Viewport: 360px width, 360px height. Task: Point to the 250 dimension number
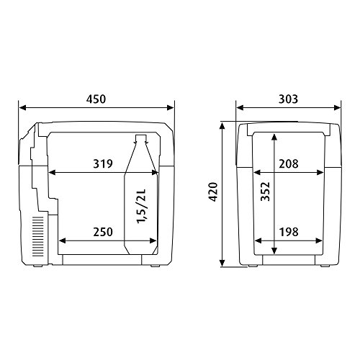[104, 232]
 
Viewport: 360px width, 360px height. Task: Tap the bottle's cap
[140, 138]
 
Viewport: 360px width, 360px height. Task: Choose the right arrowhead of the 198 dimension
[323, 241]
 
